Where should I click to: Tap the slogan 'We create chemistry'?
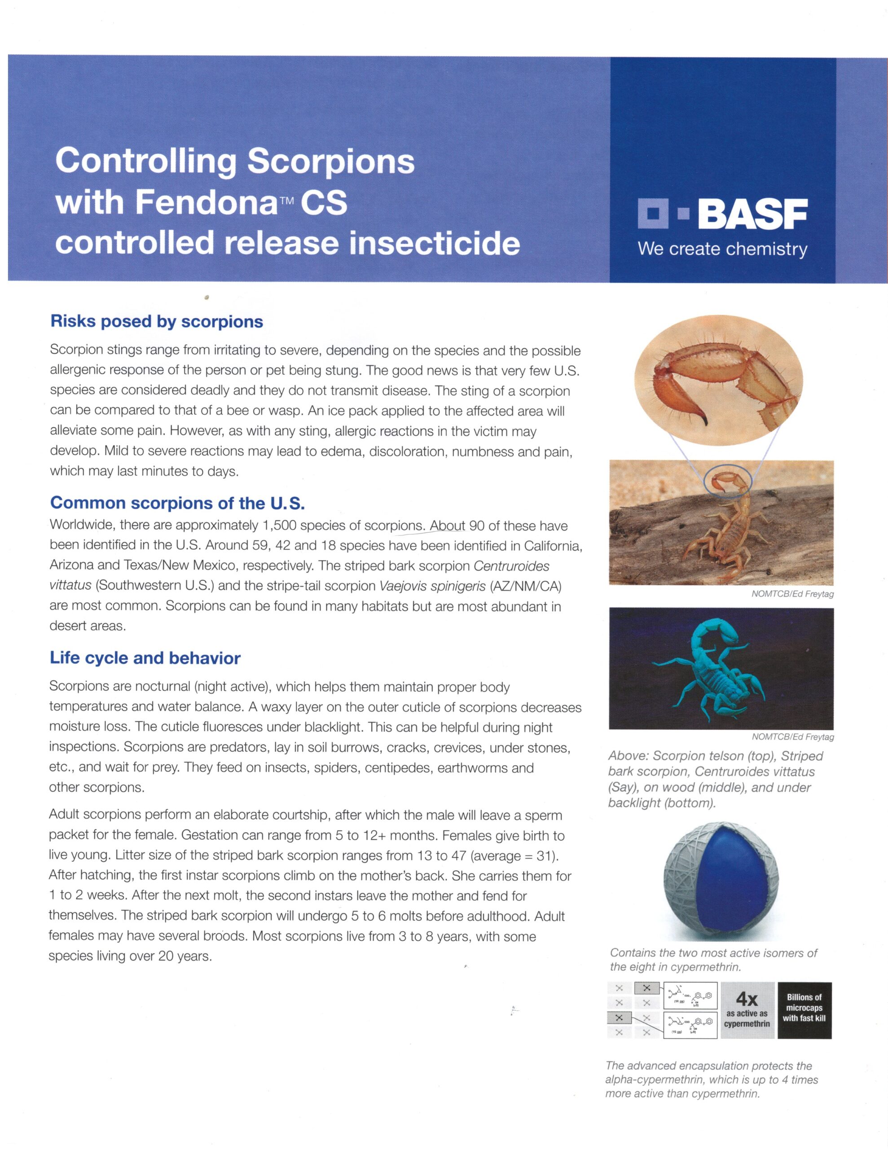(x=722, y=248)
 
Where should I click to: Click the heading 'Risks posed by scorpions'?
(x=156, y=321)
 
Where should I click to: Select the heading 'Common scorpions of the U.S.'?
(x=177, y=503)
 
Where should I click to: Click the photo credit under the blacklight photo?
(x=792, y=737)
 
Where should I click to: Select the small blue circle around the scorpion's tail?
(x=726, y=480)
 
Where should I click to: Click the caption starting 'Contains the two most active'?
(x=713, y=960)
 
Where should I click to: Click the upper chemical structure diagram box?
(x=690, y=996)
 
